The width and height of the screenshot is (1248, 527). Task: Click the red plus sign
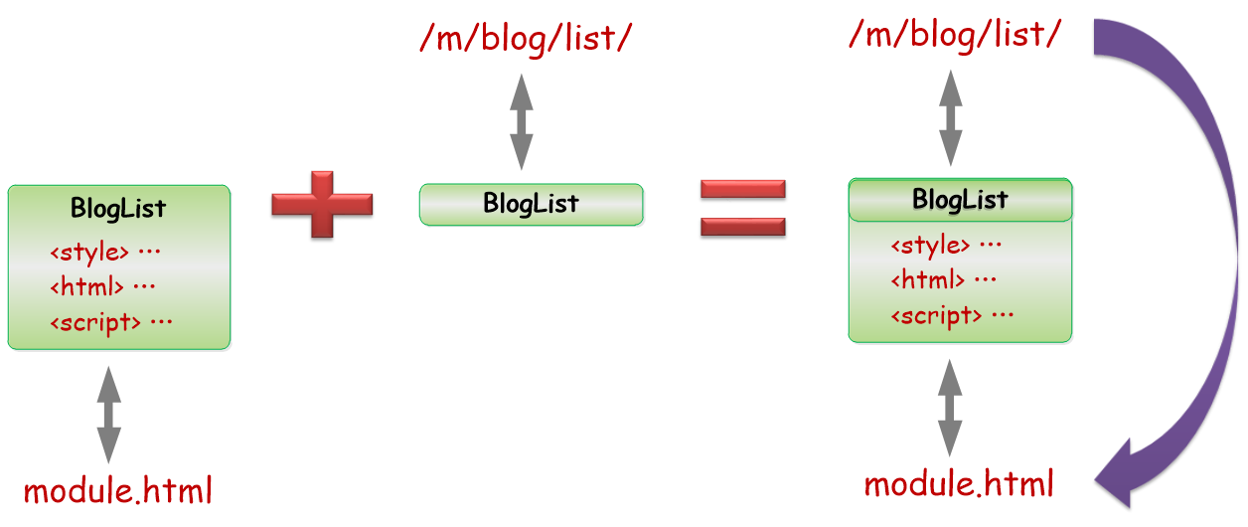click(322, 204)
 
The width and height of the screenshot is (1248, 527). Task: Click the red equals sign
click(742, 208)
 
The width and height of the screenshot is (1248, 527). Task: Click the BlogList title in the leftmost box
click(118, 209)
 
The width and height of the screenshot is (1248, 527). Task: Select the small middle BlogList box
click(531, 204)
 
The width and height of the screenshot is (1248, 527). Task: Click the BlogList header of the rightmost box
click(960, 200)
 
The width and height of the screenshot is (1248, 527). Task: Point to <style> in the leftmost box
click(89, 253)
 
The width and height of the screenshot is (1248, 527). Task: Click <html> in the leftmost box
click(86, 286)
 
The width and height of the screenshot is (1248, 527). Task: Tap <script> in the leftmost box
click(95, 323)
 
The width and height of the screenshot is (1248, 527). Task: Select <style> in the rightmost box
click(930, 246)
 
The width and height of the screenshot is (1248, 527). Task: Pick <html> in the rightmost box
click(928, 279)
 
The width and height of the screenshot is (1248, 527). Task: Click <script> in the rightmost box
click(936, 315)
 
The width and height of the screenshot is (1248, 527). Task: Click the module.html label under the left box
click(117, 491)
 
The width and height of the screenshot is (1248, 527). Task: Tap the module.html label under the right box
click(959, 483)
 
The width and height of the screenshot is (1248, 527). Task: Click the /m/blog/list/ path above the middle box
click(526, 39)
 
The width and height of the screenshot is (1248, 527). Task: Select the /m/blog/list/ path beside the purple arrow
click(955, 35)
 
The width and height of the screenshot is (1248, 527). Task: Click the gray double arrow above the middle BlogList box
click(522, 121)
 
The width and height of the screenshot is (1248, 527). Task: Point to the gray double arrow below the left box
click(108, 415)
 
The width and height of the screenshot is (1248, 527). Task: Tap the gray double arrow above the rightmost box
click(951, 117)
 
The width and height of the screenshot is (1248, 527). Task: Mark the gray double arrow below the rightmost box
click(950, 408)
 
